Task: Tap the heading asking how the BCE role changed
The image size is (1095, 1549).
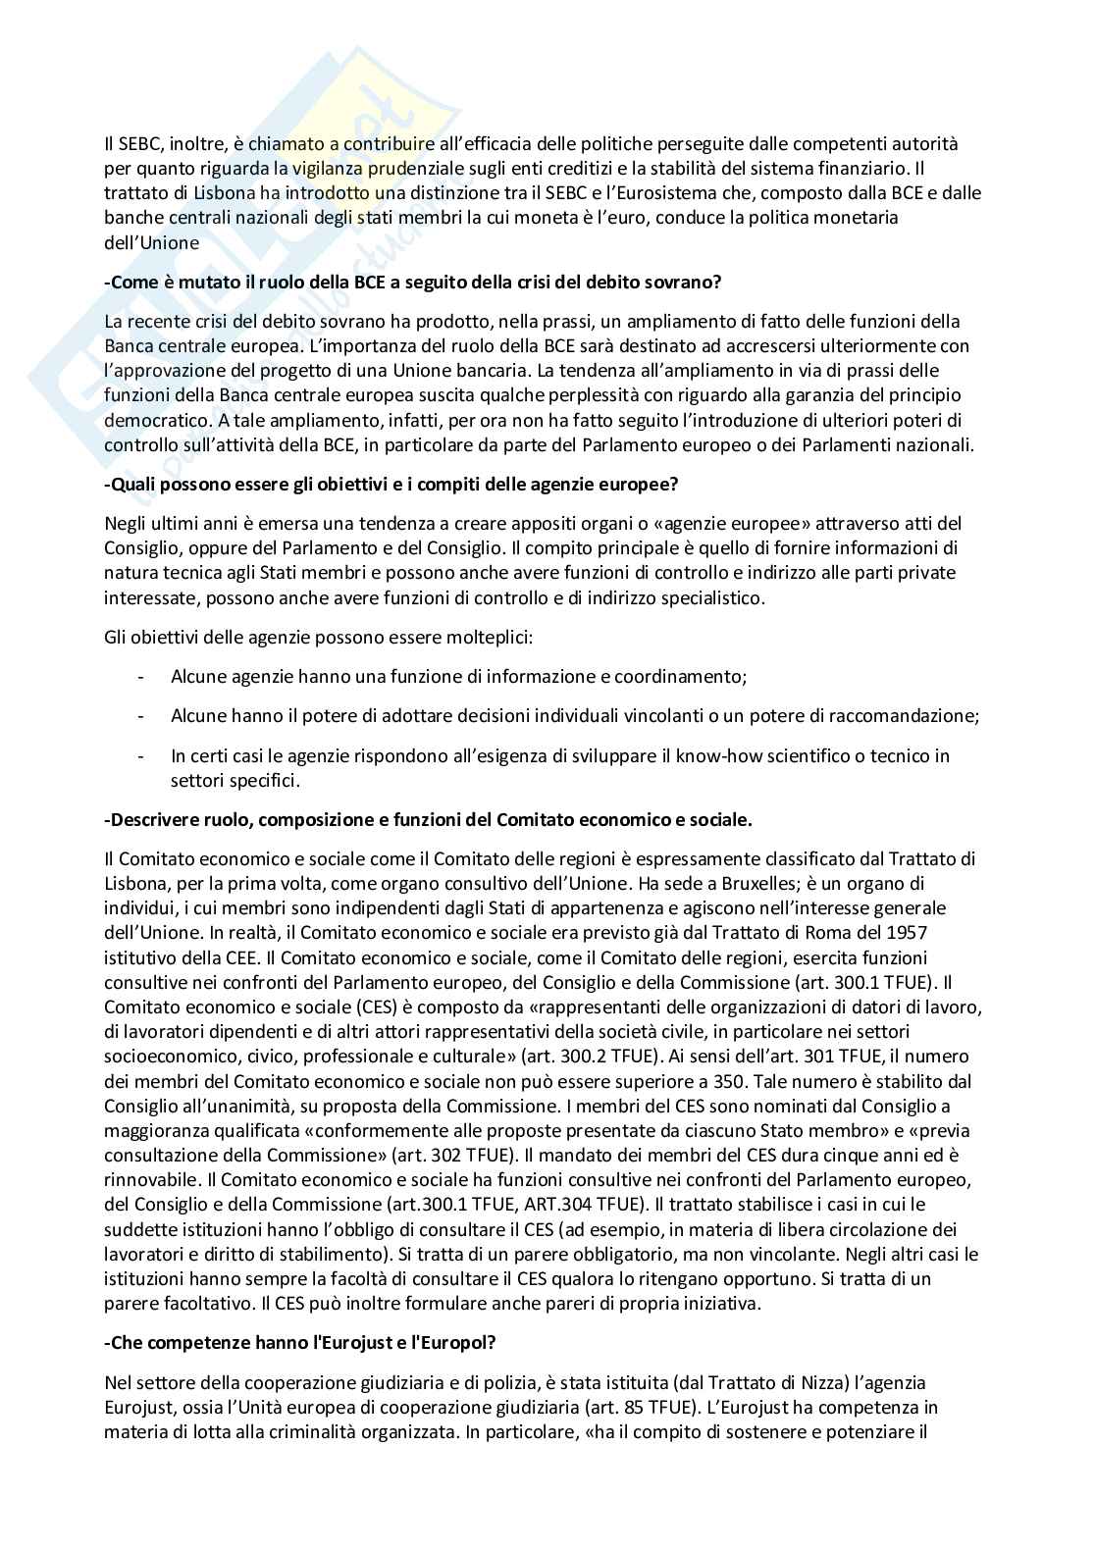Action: (x=413, y=282)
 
